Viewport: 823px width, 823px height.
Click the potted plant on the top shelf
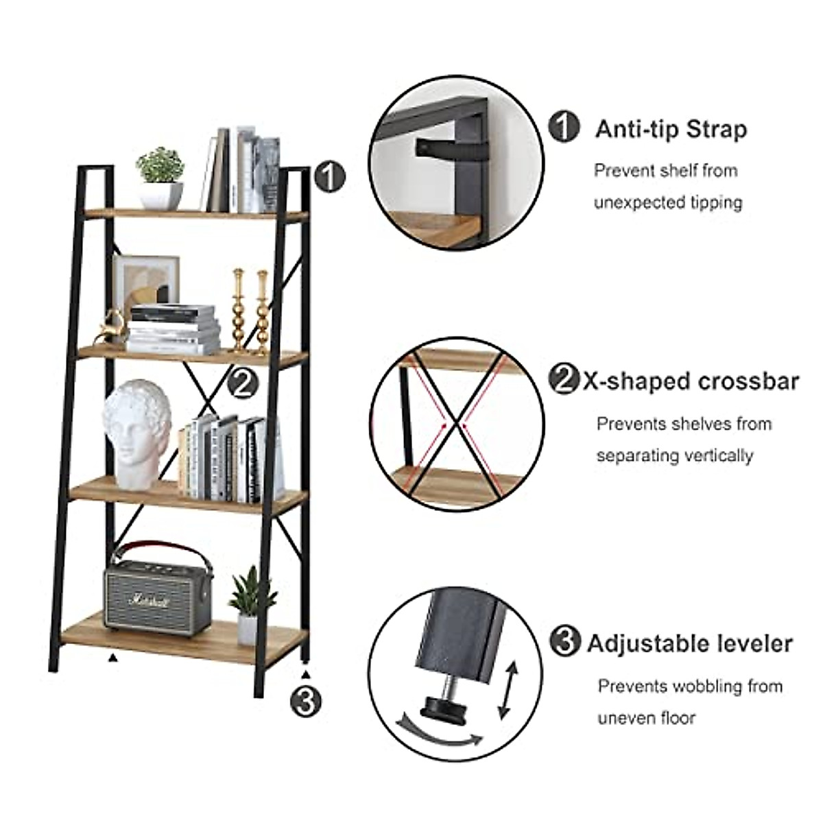161,176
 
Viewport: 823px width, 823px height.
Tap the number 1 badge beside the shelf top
329,177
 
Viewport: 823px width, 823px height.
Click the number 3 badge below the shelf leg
305,700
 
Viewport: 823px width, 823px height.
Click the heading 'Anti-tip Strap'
670,129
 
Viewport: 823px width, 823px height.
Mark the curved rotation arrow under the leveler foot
440,733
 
